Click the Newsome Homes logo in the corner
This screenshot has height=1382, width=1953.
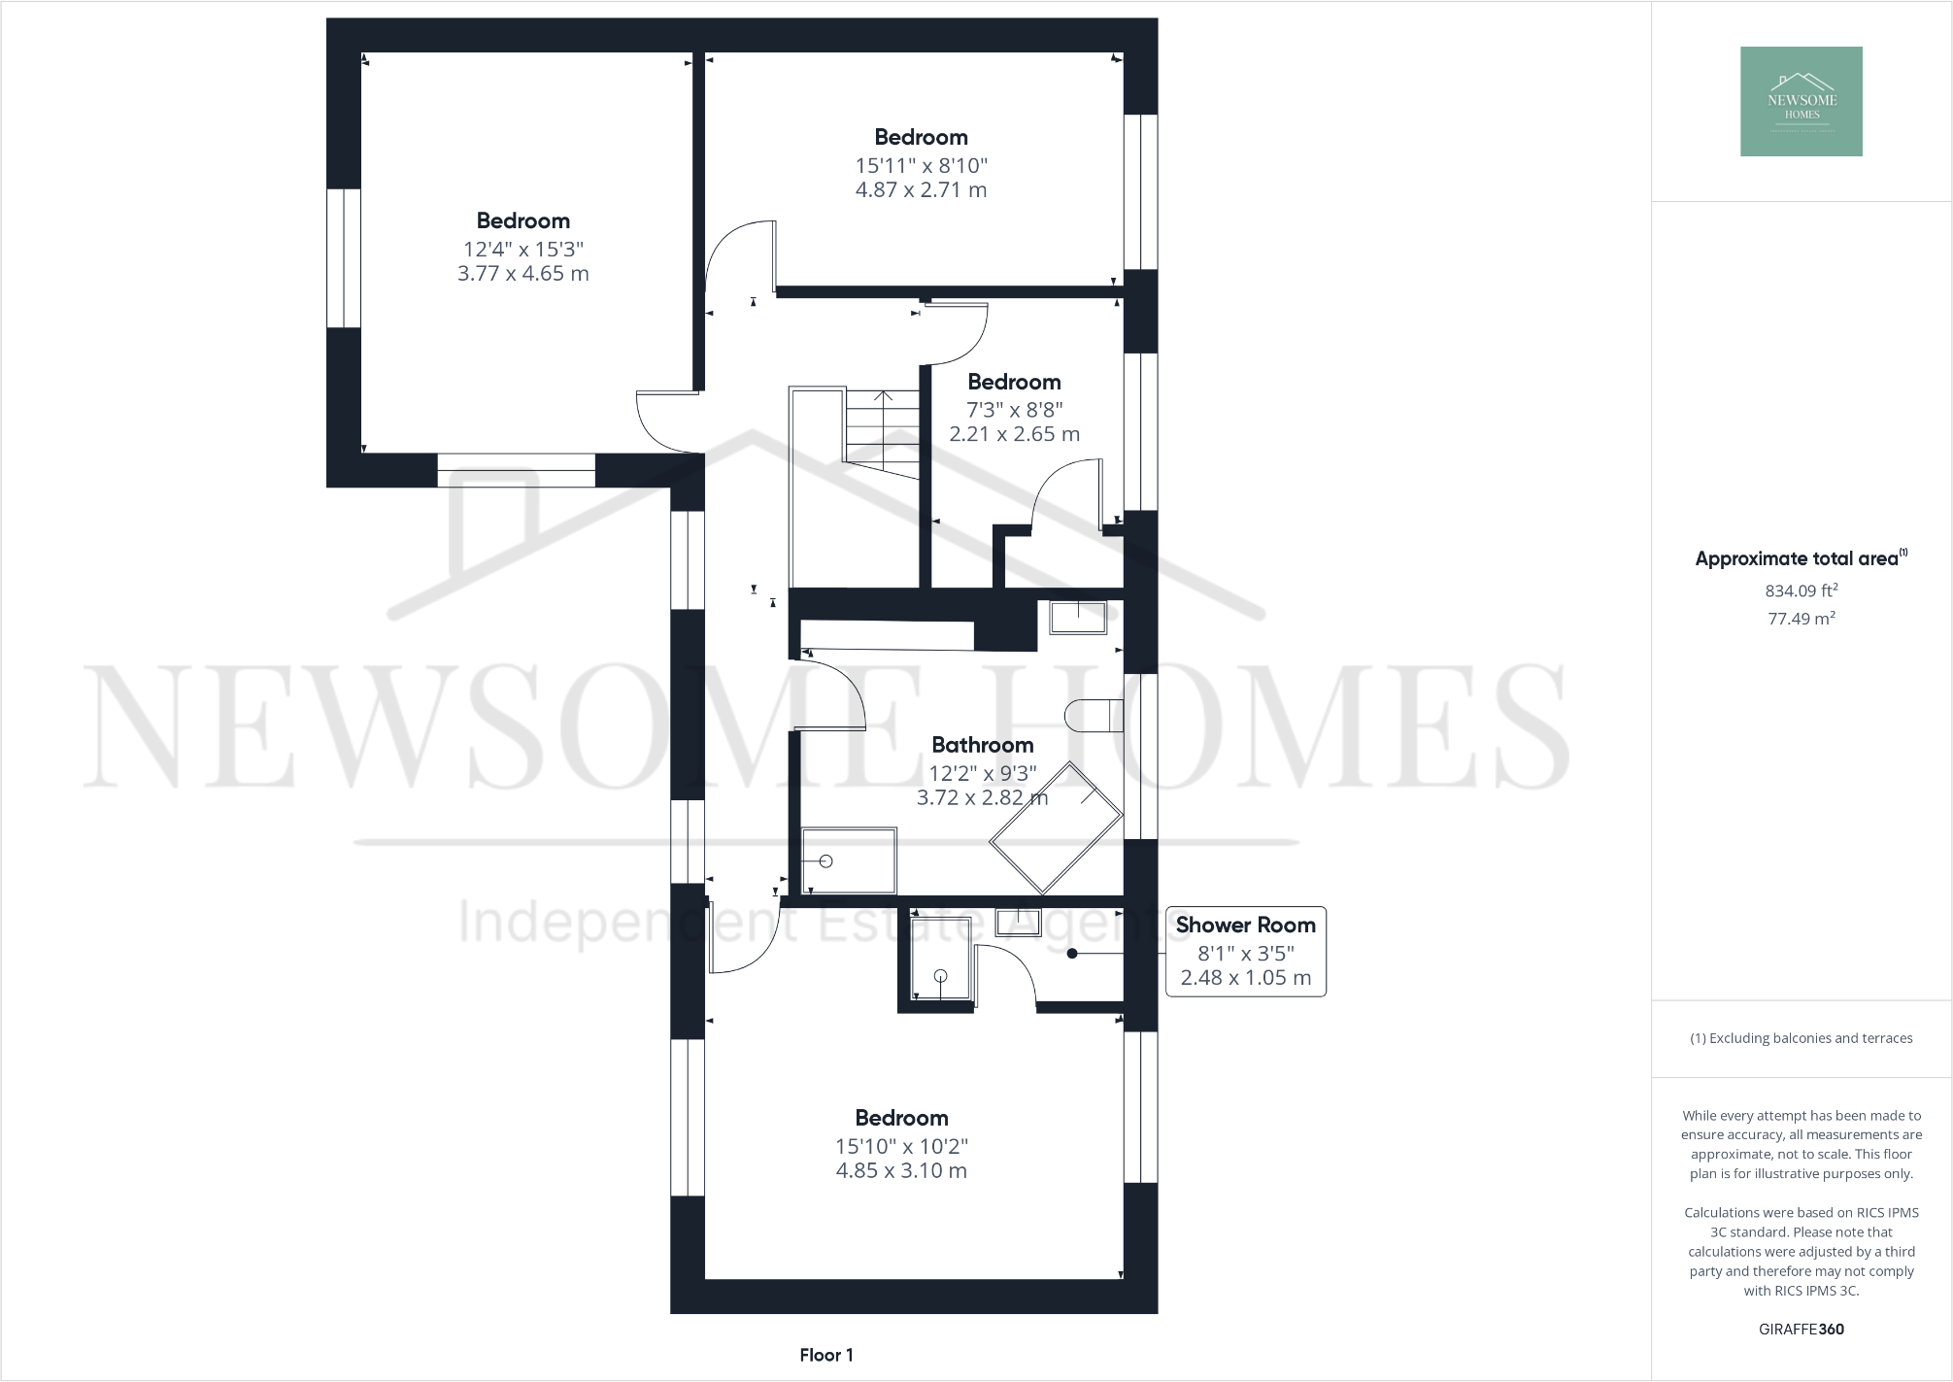(1801, 101)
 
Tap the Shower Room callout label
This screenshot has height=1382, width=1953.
(1245, 926)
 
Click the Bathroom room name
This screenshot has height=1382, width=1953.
(982, 745)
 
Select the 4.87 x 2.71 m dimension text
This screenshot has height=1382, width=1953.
(921, 190)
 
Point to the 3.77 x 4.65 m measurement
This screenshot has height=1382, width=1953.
(522, 274)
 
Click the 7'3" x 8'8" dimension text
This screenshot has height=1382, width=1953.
(1014, 409)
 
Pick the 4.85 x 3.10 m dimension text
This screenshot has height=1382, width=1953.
(901, 1171)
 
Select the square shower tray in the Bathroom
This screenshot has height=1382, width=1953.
(849, 860)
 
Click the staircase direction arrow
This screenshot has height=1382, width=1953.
(883, 397)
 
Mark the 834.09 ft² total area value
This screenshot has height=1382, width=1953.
(1801, 590)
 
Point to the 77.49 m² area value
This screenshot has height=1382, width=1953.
(1801, 619)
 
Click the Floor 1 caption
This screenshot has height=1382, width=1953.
(826, 1355)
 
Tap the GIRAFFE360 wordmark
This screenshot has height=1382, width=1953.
(1801, 1330)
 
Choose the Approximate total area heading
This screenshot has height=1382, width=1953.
(1797, 558)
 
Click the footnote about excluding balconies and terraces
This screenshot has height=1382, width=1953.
(1801, 1038)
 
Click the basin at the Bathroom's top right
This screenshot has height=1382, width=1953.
(1077, 617)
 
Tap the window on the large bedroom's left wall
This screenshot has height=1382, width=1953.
(343, 258)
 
